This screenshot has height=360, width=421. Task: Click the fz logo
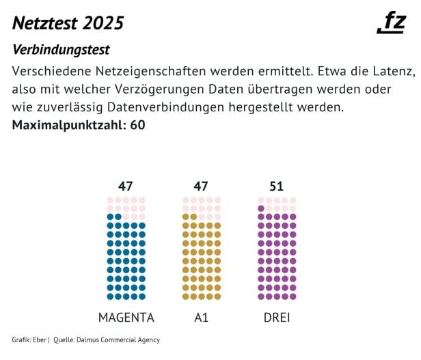click(x=392, y=23)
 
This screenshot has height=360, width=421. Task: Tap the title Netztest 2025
click(x=68, y=23)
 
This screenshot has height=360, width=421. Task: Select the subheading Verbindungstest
click(x=61, y=51)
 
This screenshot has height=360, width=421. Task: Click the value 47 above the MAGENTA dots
click(x=126, y=186)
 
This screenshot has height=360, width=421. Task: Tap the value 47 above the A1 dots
click(x=201, y=186)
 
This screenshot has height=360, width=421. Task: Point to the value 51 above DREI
click(x=276, y=186)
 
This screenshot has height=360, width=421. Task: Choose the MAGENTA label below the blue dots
click(x=126, y=318)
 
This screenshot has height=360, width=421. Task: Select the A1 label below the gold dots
click(x=201, y=318)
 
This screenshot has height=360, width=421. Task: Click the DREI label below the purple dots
click(x=276, y=318)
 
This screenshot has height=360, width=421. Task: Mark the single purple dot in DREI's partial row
click(x=261, y=208)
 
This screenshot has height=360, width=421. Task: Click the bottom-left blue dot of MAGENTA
click(x=110, y=296)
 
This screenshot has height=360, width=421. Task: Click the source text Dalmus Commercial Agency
click(x=119, y=340)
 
